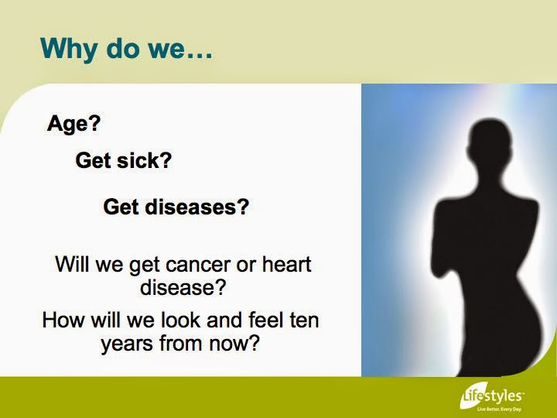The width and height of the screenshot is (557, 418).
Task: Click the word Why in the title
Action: (x=68, y=48)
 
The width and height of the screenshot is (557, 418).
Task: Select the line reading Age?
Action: (x=74, y=124)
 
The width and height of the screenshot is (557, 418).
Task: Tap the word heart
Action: (x=287, y=264)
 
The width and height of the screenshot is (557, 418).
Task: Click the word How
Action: (x=63, y=320)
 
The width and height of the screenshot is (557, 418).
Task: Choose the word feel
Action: (x=265, y=320)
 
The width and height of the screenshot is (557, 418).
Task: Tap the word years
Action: (x=127, y=344)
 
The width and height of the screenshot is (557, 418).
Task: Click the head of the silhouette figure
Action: (x=490, y=141)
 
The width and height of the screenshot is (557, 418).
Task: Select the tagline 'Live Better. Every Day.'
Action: (x=500, y=409)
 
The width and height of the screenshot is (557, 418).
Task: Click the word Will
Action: (x=71, y=264)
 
